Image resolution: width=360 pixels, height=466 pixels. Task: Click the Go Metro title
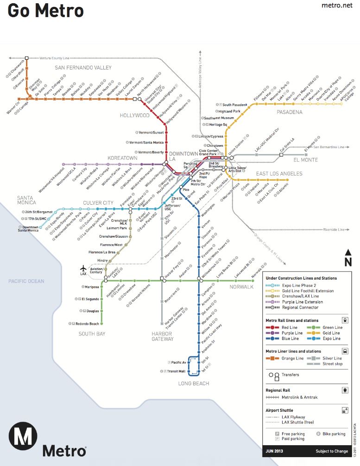coord(45,11)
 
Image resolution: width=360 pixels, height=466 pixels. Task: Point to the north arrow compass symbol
coord(348,258)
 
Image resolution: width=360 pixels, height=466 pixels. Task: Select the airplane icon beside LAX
coord(83,268)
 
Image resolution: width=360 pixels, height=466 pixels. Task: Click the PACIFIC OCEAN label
coord(26,281)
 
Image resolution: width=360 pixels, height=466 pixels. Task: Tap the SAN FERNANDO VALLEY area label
coord(83,68)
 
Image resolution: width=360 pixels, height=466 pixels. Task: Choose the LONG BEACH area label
coord(194,383)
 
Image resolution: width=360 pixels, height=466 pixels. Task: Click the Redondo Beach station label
coord(87,324)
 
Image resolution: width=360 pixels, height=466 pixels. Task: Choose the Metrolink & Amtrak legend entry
coord(300,397)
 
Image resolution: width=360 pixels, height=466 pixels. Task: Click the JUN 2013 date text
coord(275,451)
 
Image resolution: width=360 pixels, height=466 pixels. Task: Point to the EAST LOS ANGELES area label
coord(279,174)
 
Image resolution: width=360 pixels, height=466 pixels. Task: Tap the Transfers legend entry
coord(290,375)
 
